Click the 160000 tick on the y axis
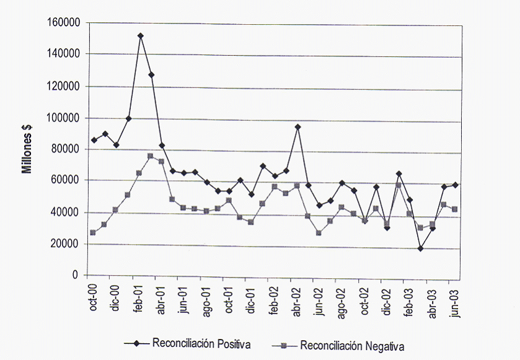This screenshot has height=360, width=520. point(65,23)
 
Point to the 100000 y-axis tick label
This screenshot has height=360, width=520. point(65,118)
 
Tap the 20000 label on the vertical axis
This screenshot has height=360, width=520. point(68,244)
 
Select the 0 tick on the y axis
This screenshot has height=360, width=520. point(77,275)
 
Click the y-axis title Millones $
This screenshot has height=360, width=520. point(28,149)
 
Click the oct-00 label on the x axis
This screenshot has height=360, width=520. point(94,297)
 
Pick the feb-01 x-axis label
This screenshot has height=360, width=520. point(139,297)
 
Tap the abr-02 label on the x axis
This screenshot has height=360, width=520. point(297,297)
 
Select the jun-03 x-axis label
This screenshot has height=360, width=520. point(455,297)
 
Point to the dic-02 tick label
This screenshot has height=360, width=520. point(387,297)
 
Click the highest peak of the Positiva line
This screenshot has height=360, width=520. point(141,36)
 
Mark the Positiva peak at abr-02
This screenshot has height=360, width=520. point(297,127)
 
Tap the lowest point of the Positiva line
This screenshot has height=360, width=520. point(421,248)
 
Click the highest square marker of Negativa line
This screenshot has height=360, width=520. point(151,156)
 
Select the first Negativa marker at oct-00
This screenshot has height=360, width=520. point(93,233)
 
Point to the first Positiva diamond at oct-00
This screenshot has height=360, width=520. point(94,140)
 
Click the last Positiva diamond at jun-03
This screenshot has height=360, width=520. point(456,185)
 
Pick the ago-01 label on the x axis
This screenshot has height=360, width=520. point(207,297)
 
